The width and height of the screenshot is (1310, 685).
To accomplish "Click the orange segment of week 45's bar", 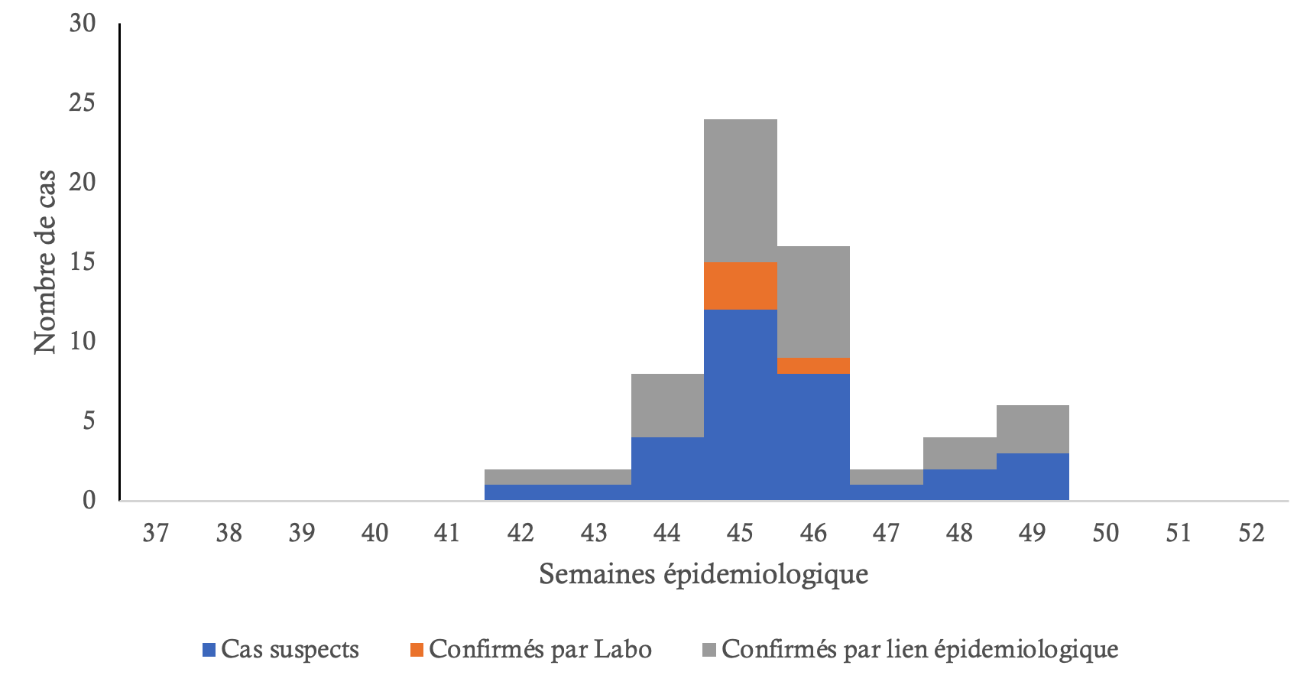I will pyautogui.click(x=740, y=286).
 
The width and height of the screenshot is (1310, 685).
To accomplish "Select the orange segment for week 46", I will pyautogui.click(x=813, y=365).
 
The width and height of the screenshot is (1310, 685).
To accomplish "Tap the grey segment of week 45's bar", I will pyautogui.click(x=740, y=190).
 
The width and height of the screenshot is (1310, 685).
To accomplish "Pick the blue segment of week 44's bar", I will pyautogui.click(x=667, y=468).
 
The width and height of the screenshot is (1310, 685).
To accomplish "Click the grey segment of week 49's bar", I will pyautogui.click(x=1033, y=429).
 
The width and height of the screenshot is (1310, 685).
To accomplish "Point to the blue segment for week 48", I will pyautogui.click(x=959, y=484).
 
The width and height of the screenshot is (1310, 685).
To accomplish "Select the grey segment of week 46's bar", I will pyautogui.click(x=813, y=301).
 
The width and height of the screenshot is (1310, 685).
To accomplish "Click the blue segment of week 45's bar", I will pyautogui.click(x=740, y=404).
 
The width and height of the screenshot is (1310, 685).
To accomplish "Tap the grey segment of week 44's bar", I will pyautogui.click(x=667, y=405).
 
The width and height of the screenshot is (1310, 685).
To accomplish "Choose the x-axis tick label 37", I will pyautogui.click(x=156, y=533).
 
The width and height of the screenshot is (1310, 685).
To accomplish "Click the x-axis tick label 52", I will pyautogui.click(x=1252, y=533).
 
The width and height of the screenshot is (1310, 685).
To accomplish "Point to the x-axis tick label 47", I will pyautogui.click(x=887, y=533).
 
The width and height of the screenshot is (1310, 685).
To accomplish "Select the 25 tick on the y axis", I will pyautogui.click(x=82, y=102).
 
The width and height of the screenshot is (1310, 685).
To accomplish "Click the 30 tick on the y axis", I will pyautogui.click(x=82, y=24).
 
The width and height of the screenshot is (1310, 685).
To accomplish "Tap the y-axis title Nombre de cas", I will pyautogui.click(x=45, y=261).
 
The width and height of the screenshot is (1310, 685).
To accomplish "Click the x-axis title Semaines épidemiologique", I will pyautogui.click(x=703, y=573).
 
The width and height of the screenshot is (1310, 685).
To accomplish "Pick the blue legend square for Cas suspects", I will pyautogui.click(x=209, y=651).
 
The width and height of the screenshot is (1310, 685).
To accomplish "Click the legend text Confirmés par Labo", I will pyautogui.click(x=540, y=649).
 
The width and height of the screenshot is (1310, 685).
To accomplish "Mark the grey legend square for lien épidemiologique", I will pyautogui.click(x=709, y=651).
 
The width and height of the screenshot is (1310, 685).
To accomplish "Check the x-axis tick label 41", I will pyautogui.click(x=448, y=533).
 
